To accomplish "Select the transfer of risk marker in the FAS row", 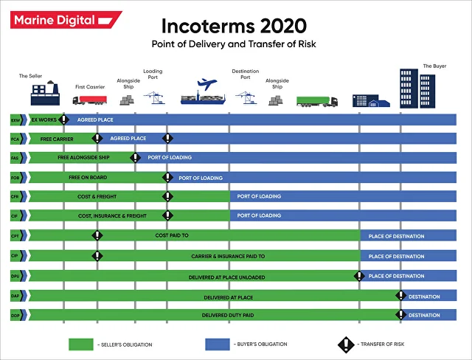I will click(135, 157).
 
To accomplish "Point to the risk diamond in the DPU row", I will click(359, 276).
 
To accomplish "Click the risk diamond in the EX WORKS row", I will click(64, 119).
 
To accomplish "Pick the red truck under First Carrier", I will click(91, 100).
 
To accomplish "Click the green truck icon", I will click(317, 100).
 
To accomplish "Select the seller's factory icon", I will click(44, 94).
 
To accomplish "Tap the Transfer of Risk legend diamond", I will click(347, 344).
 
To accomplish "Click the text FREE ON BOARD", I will click(89, 177).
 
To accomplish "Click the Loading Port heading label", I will click(153, 75).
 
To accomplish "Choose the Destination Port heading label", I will click(246, 75).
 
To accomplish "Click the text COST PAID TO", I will click(172, 235).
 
